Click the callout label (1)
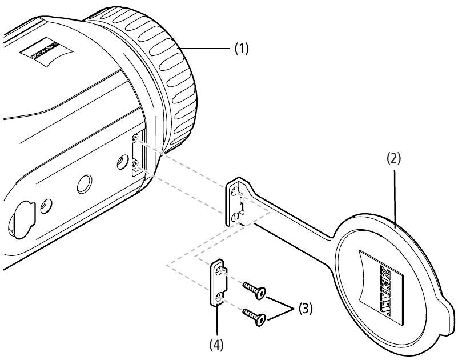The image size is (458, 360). pos(242,49)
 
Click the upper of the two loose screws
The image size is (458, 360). pos(254,290)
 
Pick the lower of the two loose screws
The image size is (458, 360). pos(254,315)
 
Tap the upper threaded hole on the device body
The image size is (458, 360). pos(135,139)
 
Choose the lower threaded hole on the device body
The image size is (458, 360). pos(135,164)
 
